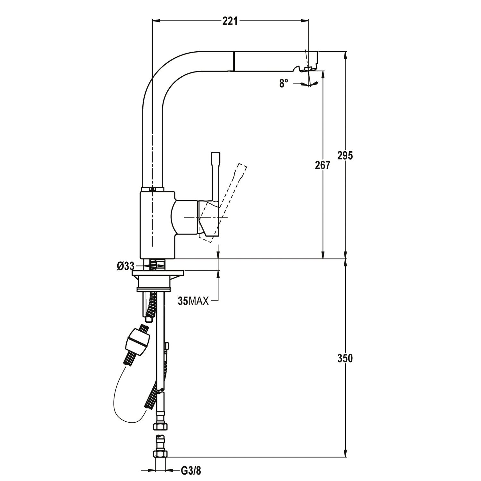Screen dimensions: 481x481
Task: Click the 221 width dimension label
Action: click(230, 21)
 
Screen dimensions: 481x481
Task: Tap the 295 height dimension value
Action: click(345, 155)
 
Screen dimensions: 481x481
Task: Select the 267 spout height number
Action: click(323, 165)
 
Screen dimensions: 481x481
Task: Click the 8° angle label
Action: click(283, 84)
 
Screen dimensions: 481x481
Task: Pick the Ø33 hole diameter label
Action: click(125, 266)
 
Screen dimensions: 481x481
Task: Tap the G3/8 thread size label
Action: click(191, 471)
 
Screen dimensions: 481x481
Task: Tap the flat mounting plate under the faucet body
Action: click(158, 273)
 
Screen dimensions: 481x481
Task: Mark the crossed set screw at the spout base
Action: click(153, 189)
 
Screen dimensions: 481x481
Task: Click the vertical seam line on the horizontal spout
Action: click(234, 61)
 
